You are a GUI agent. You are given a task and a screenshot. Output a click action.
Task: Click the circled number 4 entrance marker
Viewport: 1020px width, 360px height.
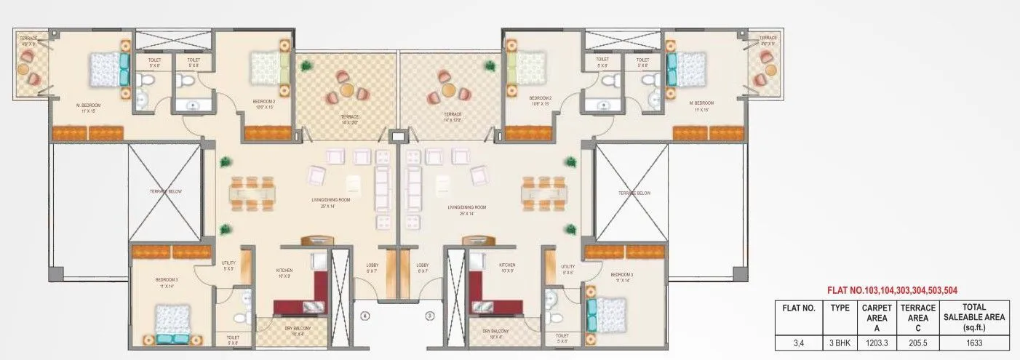pyautogui.click(x=366, y=316)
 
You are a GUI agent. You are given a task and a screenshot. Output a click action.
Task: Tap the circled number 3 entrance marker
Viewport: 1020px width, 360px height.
pyautogui.click(x=429, y=316)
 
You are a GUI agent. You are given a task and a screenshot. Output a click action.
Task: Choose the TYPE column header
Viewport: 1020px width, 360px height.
pyautogui.click(x=840, y=308)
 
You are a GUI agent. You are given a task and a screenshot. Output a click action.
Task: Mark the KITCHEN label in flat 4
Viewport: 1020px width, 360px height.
pyautogui.click(x=284, y=270)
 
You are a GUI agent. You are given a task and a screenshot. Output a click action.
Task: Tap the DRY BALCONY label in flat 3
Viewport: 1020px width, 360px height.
pyautogui.click(x=495, y=332)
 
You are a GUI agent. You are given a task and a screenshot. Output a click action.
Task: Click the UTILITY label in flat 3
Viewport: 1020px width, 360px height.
pyautogui.click(x=568, y=268)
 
